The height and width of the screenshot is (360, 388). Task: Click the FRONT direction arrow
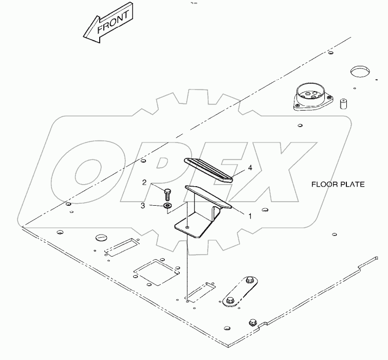(x=108, y=23)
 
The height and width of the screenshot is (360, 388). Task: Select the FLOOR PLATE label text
(x=338, y=185)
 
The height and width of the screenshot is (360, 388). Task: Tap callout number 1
(x=250, y=216)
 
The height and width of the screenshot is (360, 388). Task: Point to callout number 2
(x=144, y=183)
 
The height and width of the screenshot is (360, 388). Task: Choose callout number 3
(x=143, y=206)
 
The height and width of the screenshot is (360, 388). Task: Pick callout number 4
(x=250, y=168)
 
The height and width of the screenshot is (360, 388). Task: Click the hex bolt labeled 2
(x=167, y=194)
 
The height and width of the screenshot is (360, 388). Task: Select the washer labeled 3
(x=168, y=205)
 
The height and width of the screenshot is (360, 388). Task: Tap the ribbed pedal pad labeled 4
(x=208, y=170)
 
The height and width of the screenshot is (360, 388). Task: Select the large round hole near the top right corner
(x=360, y=71)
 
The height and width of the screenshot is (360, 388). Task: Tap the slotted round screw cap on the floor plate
(x=101, y=237)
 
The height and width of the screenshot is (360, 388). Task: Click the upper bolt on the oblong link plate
(x=249, y=280)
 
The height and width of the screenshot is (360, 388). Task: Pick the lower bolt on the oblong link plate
(x=230, y=300)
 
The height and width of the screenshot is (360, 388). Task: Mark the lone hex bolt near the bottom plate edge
(x=253, y=322)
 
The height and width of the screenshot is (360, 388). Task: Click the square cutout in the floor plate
(x=156, y=272)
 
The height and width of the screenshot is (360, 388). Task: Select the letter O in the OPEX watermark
(x=88, y=171)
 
